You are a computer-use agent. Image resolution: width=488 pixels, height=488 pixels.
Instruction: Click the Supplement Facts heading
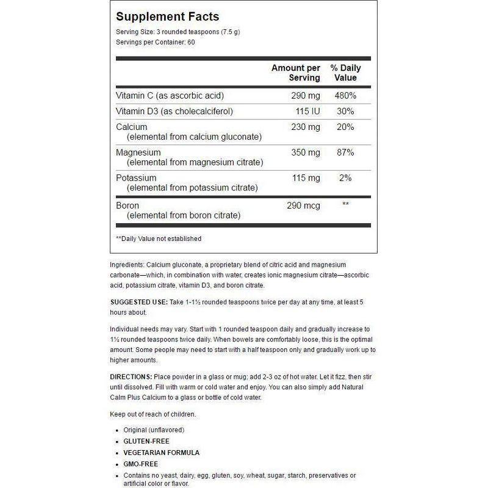[167, 16]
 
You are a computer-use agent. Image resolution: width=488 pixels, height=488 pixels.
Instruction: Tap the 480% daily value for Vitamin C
[343, 96]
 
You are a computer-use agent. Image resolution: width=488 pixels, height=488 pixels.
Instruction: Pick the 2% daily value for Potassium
[345, 178]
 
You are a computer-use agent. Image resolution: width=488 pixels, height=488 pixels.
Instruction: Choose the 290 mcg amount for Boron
[303, 205]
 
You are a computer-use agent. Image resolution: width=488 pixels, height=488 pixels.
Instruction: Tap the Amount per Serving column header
[295, 73]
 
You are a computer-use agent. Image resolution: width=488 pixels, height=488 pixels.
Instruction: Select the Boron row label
[127, 205]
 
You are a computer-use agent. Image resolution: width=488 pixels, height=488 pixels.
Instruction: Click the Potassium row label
[134, 178]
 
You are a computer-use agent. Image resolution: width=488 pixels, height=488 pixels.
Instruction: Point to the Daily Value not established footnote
[159, 239]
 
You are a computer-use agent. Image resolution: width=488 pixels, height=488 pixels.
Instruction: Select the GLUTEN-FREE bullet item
[146, 441]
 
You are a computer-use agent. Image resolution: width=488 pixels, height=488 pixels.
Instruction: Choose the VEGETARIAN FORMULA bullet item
[161, 453]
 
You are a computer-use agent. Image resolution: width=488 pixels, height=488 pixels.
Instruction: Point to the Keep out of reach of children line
[153, 414]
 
